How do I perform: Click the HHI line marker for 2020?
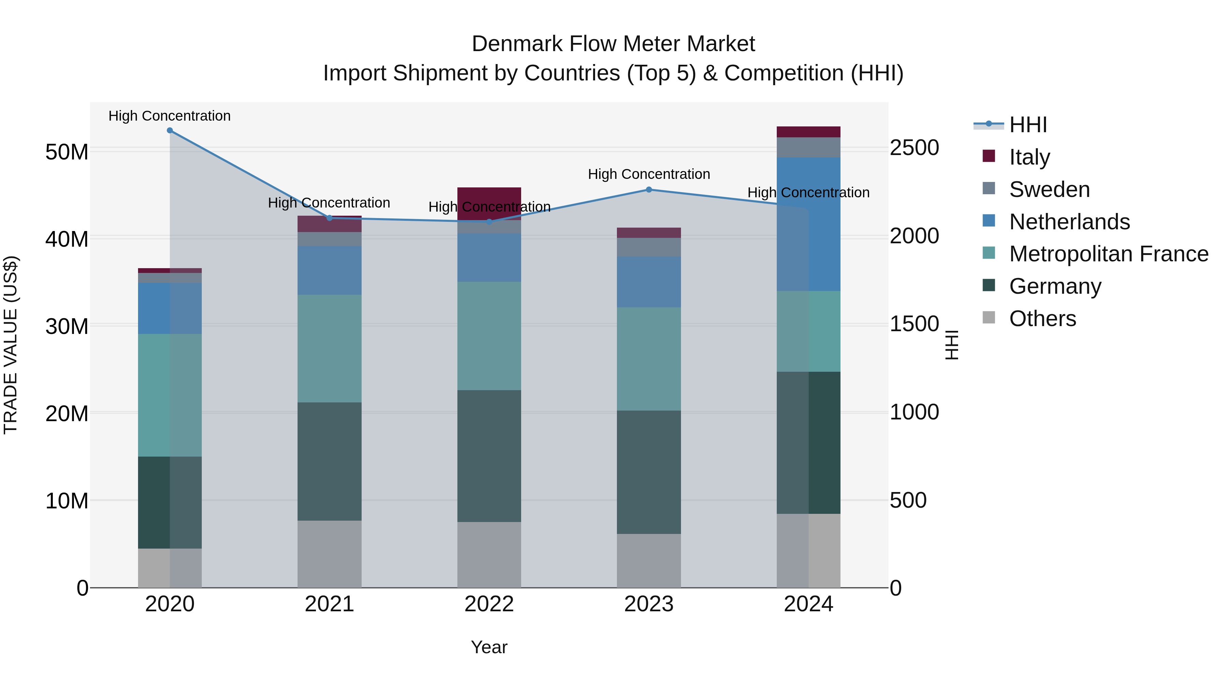[170, 131]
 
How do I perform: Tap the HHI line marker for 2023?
[649, 189]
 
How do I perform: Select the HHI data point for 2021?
[329, 218]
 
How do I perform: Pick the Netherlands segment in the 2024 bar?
[808, 224]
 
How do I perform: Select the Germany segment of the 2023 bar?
[649, 472]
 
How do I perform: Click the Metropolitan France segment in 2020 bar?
[170, 395]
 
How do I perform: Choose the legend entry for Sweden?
[1049, 189]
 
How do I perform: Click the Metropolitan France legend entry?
[1108, 254]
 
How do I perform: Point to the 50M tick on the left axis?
[67, 152]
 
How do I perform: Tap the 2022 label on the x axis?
[489, 604]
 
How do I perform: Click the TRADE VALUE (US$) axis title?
[11, 345]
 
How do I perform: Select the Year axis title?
[489, 647]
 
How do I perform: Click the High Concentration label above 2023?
[649, 174]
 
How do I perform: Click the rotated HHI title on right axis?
[951, 345]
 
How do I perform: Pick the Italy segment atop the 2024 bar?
[808, 132]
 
